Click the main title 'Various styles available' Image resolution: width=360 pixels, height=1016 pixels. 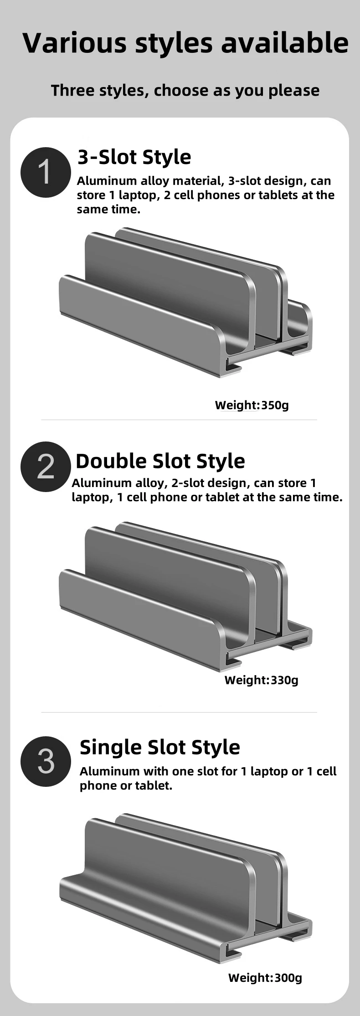[x=185, y=43]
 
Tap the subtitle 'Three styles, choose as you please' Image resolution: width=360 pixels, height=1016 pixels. [x=185, y=90]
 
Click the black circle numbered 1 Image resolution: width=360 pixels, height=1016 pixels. [x=46, y=172]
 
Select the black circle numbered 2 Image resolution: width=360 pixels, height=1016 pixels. [x=46, y=467]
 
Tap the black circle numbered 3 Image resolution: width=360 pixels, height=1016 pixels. [x=46, y=761]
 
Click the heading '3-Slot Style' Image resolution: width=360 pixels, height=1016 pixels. [x=134, y=157]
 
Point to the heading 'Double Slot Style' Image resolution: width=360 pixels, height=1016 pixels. [x=160, y=461]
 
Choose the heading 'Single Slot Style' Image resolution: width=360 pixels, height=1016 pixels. [x=159, y=747]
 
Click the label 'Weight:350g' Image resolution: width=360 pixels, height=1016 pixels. [x=252, y=405]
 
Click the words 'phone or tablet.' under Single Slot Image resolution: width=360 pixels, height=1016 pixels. [x=126, y=785]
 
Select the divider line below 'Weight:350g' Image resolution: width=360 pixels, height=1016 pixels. [x=179, y=420]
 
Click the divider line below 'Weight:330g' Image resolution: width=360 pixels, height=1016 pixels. [x=179, y=712]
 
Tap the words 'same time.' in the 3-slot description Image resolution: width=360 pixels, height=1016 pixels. [x=108, y=210]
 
